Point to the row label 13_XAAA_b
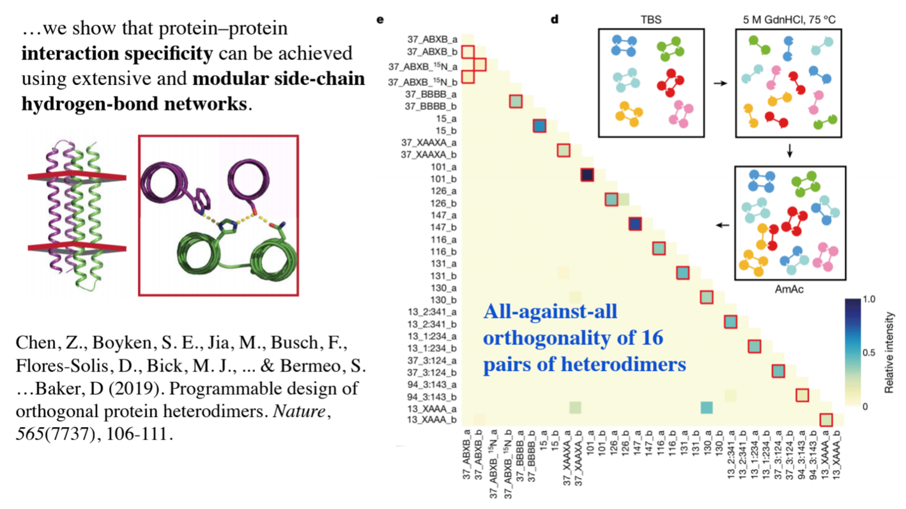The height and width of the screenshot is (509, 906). tap(431, 420)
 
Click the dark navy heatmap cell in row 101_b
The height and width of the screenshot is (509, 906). tap(587, 175)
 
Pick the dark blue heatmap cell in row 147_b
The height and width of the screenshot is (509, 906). tap(634, 224)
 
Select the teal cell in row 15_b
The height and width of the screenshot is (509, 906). tap(539, 126)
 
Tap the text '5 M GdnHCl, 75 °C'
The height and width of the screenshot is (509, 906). tap(790, 19)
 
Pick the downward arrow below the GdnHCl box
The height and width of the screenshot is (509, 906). tap(790, 151)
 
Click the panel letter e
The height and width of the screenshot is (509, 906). tap(380, 19)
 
